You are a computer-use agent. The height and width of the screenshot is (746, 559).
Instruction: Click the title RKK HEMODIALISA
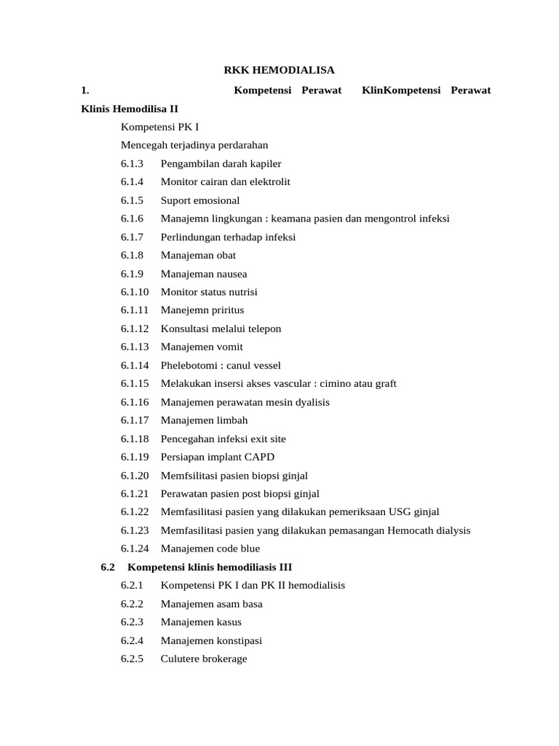tap(278, 71)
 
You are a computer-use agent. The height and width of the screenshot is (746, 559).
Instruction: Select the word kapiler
tap(264, 164)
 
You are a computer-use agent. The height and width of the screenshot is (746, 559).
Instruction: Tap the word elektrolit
tap(268, 182)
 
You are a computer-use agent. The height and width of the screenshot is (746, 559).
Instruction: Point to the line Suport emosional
tap(199, 200)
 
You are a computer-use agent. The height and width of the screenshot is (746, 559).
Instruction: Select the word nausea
tap(230, 274)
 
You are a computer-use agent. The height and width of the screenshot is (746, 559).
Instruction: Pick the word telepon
tap(263, 329)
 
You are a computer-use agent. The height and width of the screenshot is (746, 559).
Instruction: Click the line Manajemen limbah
tap(204, 420)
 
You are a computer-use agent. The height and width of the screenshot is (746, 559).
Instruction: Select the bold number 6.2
tap(108, 567)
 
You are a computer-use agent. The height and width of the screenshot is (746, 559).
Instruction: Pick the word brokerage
tap(223, 659)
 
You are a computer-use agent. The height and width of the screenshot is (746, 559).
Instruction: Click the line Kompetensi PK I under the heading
tap(159, 127)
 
